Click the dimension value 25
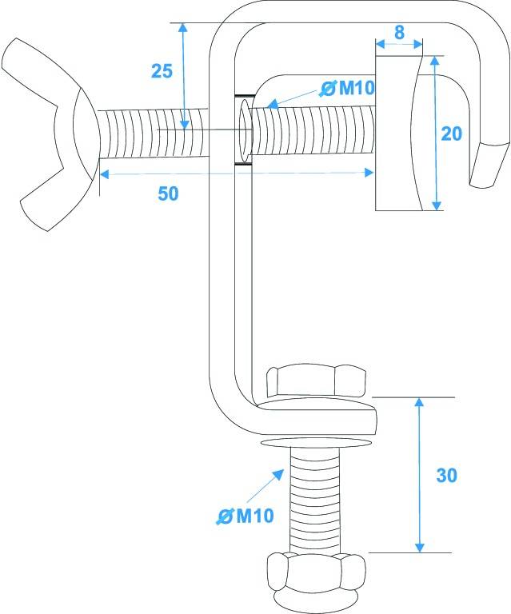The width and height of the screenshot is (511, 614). coord(162,70)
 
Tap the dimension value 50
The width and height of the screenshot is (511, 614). coord(168,193)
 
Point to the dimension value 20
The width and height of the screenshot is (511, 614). coord(451,134)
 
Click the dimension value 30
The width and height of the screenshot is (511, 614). coord(446,474)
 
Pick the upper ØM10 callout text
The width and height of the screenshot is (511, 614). coord(345,88)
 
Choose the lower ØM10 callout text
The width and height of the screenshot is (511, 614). coord(246,516)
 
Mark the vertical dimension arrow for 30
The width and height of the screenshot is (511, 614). coord(418,474)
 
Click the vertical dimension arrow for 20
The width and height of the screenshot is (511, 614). coord(435,134)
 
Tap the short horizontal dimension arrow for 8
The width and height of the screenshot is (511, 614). coord(398,46)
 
